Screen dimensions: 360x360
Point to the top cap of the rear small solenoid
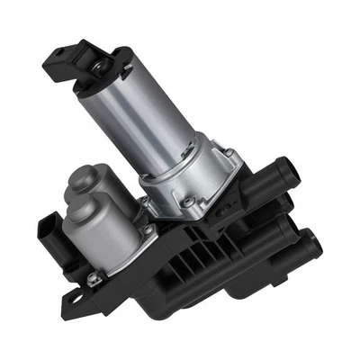[x=83, y=175]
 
